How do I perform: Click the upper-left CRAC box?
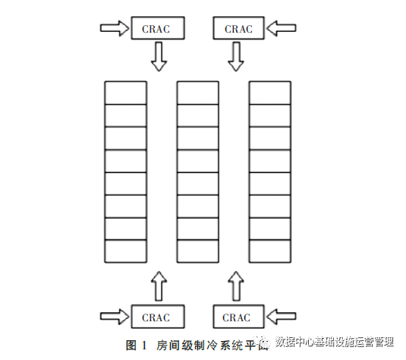click(x=157, y=28)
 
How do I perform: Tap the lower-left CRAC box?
click(x=157, y=317)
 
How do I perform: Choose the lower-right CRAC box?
click(x=237, y=317)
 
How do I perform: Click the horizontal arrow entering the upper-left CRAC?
click(x=115, y=28)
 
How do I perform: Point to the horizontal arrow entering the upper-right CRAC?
click(x=282, y=28)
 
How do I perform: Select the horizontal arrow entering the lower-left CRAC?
click(x=115, y=316)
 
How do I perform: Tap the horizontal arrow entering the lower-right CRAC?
click(x=282, y=316)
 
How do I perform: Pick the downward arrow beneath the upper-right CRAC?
click(x=237, y=55)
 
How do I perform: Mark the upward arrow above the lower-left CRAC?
click(x=158, y=286)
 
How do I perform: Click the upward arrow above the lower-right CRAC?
click(x=235, y=286)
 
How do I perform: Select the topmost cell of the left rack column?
click(x=124, y=92)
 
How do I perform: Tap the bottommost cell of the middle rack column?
click(x=197, y=251)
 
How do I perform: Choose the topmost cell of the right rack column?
click(x=269, y=92)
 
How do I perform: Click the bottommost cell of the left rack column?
click(x=124, y=251)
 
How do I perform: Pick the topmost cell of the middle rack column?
click(x=197, y=92)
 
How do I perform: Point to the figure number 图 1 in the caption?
click(x=135, y=345)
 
